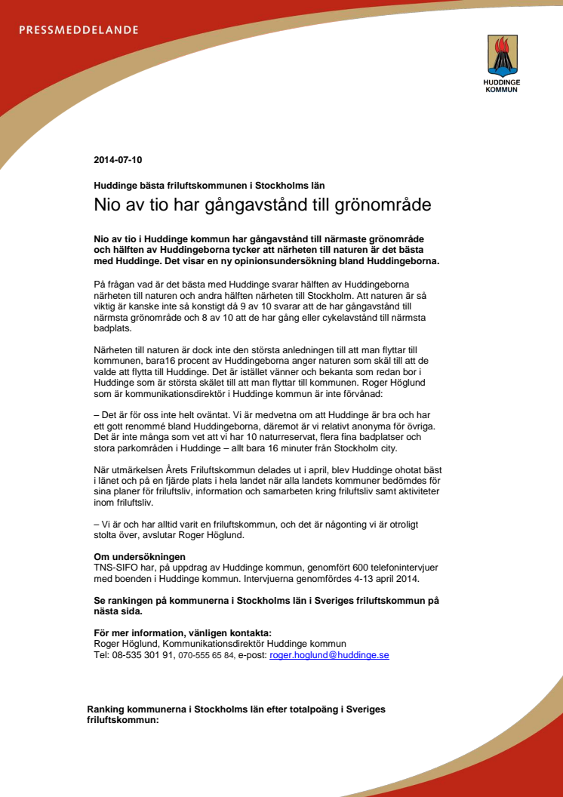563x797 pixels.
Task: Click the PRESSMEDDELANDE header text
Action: click(x=78, y=30)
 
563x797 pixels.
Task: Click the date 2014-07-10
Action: click(x=118, y=160)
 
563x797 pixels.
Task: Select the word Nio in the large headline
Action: click(x=107, y=205)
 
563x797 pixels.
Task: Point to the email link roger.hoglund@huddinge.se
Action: click(x=329, y=655)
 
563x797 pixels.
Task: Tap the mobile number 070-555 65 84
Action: click(x=205, y=655)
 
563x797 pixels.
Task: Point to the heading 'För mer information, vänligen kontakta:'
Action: click(x=182, y=632)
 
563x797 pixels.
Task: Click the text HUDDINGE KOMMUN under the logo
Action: click(x=501, y=86)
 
